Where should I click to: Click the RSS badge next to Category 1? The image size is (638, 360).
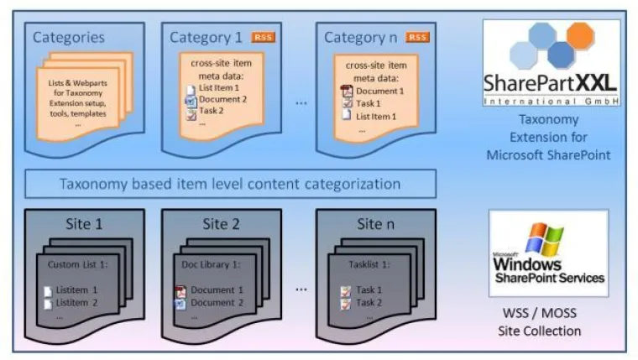coord(264,37)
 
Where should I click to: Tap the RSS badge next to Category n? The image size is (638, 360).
coord(418,37)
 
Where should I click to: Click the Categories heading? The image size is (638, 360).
coord(69,37)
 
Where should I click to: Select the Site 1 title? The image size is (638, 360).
coord(83,225)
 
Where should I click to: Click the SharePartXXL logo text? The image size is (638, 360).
coord(551,82)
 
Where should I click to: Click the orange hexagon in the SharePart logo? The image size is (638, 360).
coord(580,36)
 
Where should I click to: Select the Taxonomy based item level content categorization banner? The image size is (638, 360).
coord(231,184)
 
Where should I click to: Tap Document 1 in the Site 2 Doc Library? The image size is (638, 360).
coord(217,290)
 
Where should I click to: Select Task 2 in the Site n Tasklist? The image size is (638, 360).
coord(369,302)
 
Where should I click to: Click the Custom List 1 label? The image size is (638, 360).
coord(75,266)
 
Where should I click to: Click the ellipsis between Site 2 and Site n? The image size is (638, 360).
coord(300,288)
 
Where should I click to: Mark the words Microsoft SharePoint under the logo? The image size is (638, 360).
coord(551,154)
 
